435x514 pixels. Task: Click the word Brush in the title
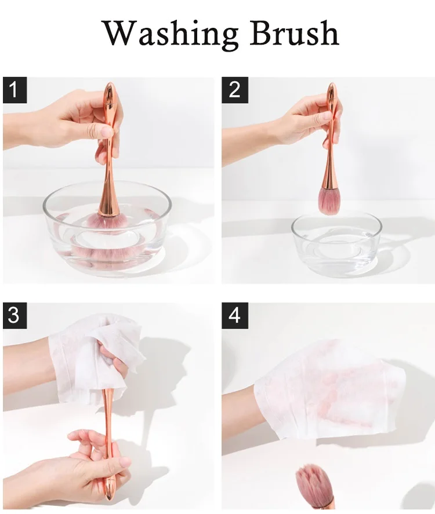point(295,33)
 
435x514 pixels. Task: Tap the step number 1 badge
point(14,90)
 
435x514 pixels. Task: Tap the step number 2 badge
point(234,90)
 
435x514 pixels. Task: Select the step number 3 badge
point(14,316)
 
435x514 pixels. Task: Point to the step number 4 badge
point(234,316)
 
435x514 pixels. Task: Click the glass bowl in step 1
point(107,229)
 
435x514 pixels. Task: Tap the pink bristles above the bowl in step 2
point(329,202)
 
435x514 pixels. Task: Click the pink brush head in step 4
point(311,483)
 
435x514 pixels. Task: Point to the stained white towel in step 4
point(329,388)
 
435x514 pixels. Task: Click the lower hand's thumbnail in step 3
point(124,462)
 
